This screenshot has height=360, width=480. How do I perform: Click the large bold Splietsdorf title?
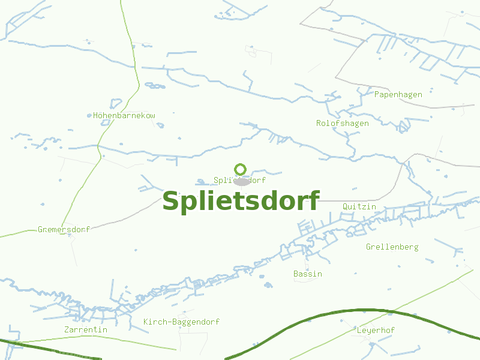(241, 201)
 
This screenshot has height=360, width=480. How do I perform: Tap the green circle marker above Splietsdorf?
(241, 169)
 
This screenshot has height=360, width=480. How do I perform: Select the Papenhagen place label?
(398, 95)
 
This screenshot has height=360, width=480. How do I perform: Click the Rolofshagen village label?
(343, 124)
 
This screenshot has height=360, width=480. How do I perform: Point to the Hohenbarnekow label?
(124, 115)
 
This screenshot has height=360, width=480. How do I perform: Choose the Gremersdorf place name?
(64, 230)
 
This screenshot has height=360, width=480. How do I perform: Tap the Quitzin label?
(359, 207)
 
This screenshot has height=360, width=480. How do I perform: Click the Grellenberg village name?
(392, 247)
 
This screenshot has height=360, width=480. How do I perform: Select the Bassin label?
(308, 274)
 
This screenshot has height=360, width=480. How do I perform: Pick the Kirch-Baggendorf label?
(181, 322)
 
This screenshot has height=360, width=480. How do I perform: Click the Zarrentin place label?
(86, 330)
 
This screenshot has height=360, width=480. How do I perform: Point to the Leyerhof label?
(376, 331)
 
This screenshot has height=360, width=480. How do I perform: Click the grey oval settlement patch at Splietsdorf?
(242, 181)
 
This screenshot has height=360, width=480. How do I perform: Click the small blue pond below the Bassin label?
(268, 285)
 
